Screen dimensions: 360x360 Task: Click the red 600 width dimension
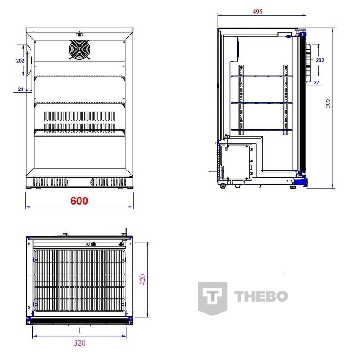click(79, 201)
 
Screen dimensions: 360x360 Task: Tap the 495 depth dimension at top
click(257, 12)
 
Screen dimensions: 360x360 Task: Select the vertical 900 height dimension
click(328, 104)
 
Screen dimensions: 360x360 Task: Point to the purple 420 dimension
click(143, 279)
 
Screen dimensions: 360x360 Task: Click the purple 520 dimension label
click(80, 343)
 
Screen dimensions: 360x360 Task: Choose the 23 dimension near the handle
click(21, 89)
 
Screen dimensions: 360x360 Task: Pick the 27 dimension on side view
click(316, 82)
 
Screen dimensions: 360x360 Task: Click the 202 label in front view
click(20, 61)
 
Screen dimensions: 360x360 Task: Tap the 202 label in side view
click(320, 60)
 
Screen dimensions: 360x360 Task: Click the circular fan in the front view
click(80, 50)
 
